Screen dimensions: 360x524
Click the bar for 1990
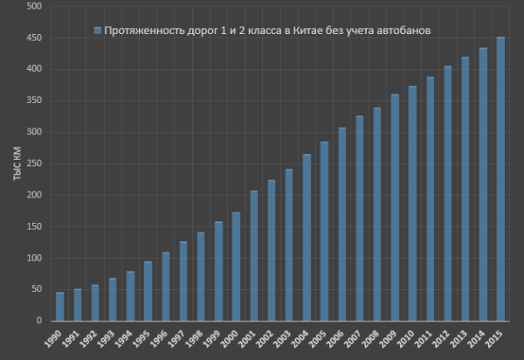point(59,307)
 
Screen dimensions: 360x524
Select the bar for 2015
point(500,179)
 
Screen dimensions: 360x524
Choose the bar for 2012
point(448,193)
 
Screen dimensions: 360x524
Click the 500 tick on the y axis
point(36,7)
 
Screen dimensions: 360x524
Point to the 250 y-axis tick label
point(36,163)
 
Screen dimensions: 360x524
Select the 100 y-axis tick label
point(36,258)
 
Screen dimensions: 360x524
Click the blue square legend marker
point(98,31)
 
